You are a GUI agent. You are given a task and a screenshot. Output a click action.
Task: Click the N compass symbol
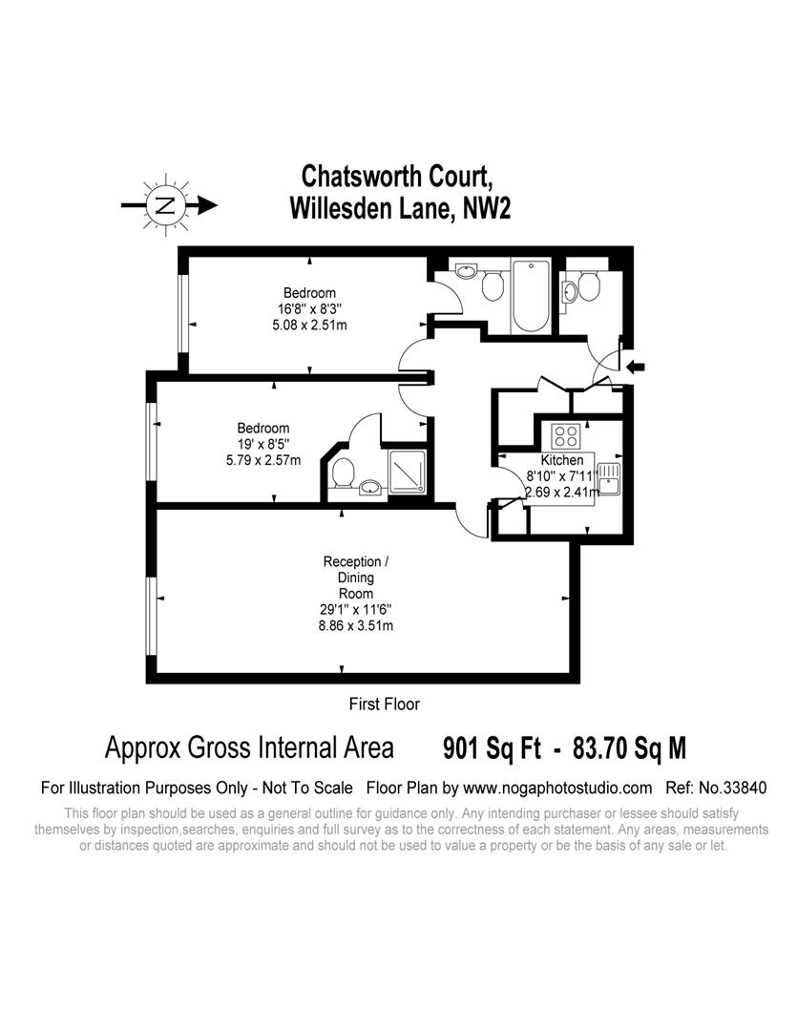click(167, 204)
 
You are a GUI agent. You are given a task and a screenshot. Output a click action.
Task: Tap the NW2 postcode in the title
click(486, 209)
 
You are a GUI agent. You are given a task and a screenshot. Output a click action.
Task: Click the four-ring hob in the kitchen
click(566, 435)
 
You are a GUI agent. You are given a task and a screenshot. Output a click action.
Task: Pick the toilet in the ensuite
click(344, 471)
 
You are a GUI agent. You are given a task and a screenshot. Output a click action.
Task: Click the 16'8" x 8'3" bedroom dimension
click(309, 308)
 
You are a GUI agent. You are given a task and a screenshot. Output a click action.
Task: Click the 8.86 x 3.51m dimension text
click(355, 626)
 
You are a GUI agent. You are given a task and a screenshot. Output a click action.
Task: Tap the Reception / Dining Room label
click(355, 578)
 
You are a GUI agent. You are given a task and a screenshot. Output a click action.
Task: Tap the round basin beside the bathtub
click(468, 273)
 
